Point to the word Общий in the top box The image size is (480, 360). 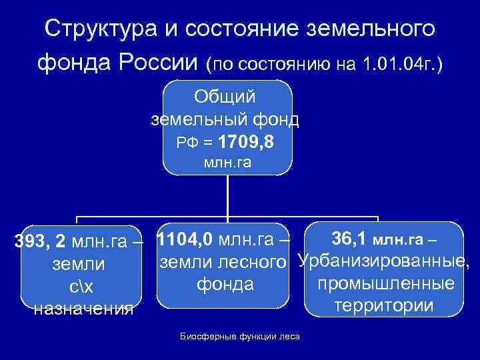tap(227, 97)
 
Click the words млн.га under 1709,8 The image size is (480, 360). tap(227, 163)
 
